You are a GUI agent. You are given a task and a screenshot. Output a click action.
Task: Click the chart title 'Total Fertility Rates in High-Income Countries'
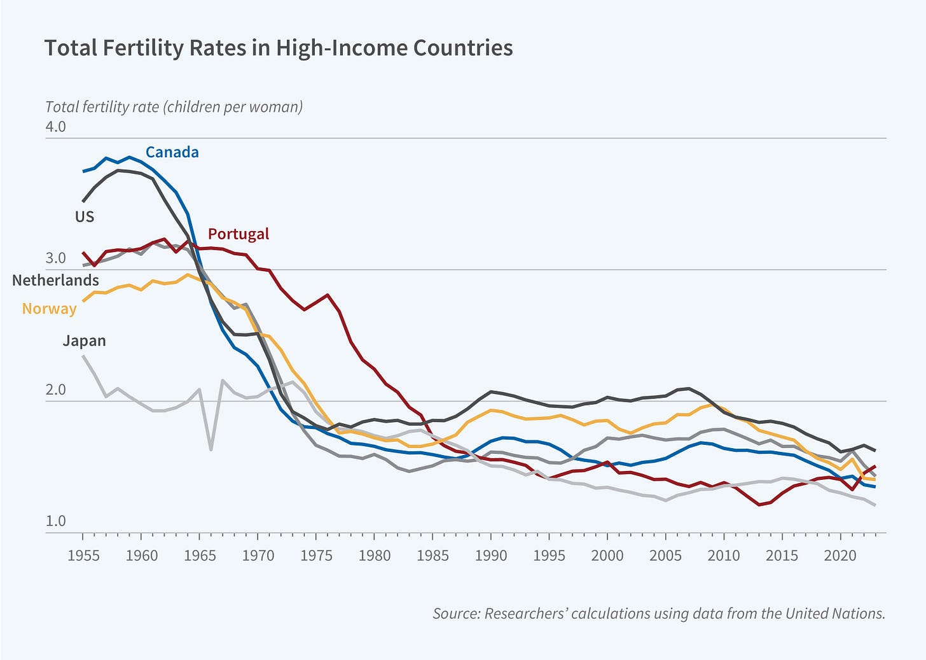[278, 48]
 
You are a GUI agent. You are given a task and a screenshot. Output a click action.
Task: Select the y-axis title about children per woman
[174, 107]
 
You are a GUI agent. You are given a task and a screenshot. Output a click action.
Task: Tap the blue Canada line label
[172, 152]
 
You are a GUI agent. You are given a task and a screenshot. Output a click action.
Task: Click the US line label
[85, 217]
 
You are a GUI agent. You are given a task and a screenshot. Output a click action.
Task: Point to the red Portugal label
[238, 234]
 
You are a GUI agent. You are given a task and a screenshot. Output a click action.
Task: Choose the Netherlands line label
[56, 281]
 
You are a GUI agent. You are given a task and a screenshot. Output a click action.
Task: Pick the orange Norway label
[49, 309]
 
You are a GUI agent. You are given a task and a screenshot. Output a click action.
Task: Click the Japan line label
[84, 341]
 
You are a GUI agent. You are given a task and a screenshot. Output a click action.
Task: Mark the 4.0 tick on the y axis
[55, 127]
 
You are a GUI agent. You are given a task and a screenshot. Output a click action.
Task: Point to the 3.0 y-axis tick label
[55, 258]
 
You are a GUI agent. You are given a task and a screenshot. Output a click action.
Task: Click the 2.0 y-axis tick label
[55, 390]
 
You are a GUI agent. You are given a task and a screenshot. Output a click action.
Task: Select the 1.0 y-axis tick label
[55, 521]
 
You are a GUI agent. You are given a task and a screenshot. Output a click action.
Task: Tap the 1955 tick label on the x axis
[83, 556]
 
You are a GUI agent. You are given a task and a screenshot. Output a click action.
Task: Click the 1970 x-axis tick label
[258, 556]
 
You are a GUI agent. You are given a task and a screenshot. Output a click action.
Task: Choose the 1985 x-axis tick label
[432, 556]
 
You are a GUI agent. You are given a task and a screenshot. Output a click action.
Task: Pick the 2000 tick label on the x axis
[607, 556]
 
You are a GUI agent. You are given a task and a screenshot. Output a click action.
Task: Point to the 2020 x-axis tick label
[840, 556]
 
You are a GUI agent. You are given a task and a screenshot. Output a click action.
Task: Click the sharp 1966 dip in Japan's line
[211, 449]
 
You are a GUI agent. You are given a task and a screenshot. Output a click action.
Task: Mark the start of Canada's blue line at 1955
[83, 171]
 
